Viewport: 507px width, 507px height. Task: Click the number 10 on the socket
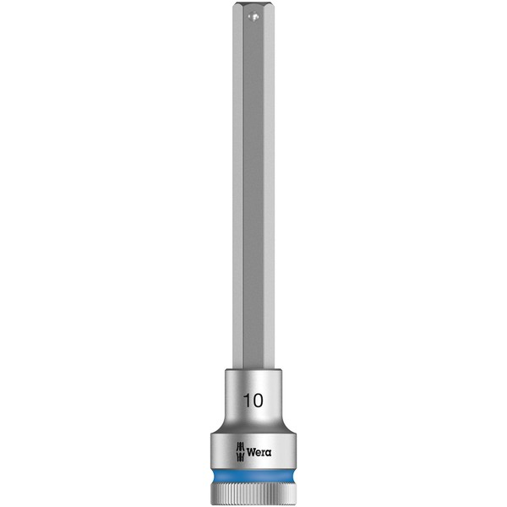tap(253, 401)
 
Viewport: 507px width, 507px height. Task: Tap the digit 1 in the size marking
tap(247, 401)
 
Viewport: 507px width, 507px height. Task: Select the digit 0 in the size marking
tap(258, 401)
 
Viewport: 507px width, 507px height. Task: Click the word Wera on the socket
tap(259, 452)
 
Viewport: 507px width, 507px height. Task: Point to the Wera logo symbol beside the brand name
tap(240, 451)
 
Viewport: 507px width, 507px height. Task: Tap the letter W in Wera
tap(251, 452)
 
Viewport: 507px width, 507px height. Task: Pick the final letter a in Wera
tap(269, 453)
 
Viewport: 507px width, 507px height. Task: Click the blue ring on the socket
tap(253, 477)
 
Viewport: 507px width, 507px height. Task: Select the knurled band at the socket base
tap(253, 493)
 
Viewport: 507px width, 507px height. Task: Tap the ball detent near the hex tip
tap(253, 15)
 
